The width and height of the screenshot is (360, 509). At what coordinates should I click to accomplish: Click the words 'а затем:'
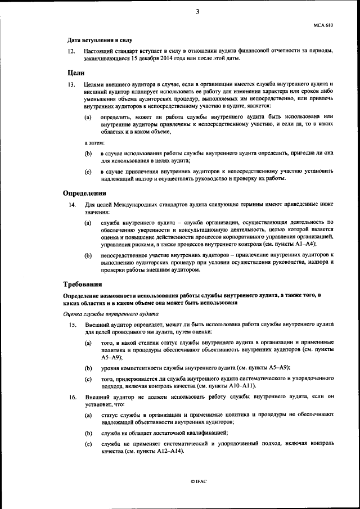pyautogui.click(x=94, y=142)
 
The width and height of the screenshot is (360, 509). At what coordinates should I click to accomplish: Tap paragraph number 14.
pyautogui.click(x=71, y=205)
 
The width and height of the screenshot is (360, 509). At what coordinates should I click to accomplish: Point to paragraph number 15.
pyautogui.click(x=71, y=325)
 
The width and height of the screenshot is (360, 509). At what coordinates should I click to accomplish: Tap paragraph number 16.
pyautogui.click(x=71, y=397)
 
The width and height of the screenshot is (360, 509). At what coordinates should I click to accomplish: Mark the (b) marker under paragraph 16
pyautogui.click(x=88, y=433)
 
